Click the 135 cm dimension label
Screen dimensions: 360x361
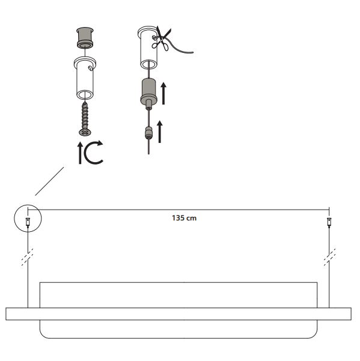point(184,218)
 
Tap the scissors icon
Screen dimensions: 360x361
point(162,38)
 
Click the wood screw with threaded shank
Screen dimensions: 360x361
point(85,119)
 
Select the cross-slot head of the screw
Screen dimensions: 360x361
point(85,132)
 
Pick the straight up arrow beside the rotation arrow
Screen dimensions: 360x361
point(80,153)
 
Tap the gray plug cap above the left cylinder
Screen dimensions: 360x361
point(85,37)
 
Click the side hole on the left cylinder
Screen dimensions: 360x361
point(90,68)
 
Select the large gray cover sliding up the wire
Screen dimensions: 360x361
point(149,94)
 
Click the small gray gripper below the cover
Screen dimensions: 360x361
point(148,133)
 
